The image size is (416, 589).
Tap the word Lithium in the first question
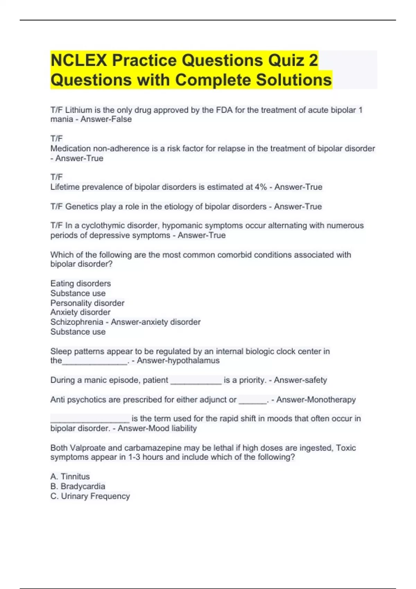point(79,110)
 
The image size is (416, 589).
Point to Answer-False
point(106,120)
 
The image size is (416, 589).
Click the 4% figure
point(261,187)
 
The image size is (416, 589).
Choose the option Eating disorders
point(80,283)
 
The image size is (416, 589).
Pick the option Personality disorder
point(87,303)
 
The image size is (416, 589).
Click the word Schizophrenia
point(77,322)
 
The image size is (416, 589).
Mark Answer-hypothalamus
point(178,361)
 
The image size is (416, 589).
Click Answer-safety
point(300,380)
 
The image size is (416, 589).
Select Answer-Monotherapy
point(316,400)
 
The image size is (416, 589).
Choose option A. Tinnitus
point(70,477)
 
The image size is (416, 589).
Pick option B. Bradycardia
point(78,486)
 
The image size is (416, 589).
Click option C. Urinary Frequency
point(90,496)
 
